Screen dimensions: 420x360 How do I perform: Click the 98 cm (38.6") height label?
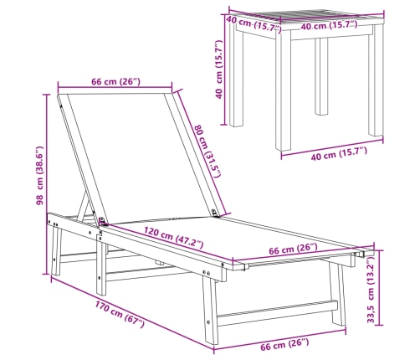click(x=40, y=176)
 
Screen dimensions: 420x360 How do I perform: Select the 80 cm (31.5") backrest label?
click(x=207, y=151)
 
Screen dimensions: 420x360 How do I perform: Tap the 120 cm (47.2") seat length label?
click(x=173, y=238)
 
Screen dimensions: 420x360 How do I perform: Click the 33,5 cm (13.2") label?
click(x=371, y=290)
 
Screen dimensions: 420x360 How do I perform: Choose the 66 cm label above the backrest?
click(x=115, y=82)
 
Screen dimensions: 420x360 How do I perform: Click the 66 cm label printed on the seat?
click(x=294, y=249)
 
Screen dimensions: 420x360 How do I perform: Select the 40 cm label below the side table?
click(x=339, y=154)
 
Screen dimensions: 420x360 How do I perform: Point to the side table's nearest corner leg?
click(x=283, y=90)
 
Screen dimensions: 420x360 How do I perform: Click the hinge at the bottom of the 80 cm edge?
click(x=215, y=213)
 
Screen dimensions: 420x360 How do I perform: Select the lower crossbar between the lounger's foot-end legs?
click(x=278, y=313)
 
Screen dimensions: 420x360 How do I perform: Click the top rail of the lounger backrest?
click(x=115, y=94)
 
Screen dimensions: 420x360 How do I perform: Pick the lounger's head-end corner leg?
click(x=56, y=250)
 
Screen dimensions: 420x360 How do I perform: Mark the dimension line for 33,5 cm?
click(x=379, y=287)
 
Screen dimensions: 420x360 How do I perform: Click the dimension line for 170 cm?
click(x=132, y=313)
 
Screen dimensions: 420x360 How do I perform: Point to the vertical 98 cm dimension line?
click(x=46, y=184)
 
